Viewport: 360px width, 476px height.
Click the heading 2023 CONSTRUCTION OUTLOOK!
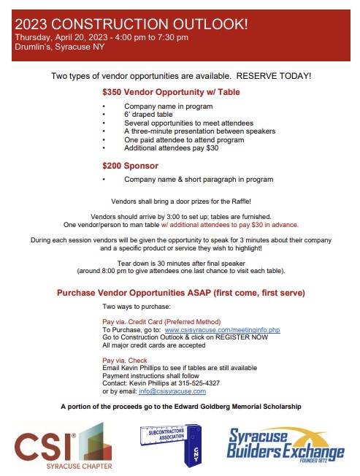click(x=131, y=24)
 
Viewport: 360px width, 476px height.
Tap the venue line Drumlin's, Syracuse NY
click(x=59, y=47)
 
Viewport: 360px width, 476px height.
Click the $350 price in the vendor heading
click(x=114, y=93)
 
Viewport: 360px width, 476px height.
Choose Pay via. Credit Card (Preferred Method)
click(x=166, y=322)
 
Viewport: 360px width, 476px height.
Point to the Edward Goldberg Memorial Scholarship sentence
click(x=180, y=407)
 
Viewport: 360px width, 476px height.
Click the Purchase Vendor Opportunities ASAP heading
click(x=180, y=293)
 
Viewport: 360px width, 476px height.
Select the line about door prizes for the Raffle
click(x=180, y=201)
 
